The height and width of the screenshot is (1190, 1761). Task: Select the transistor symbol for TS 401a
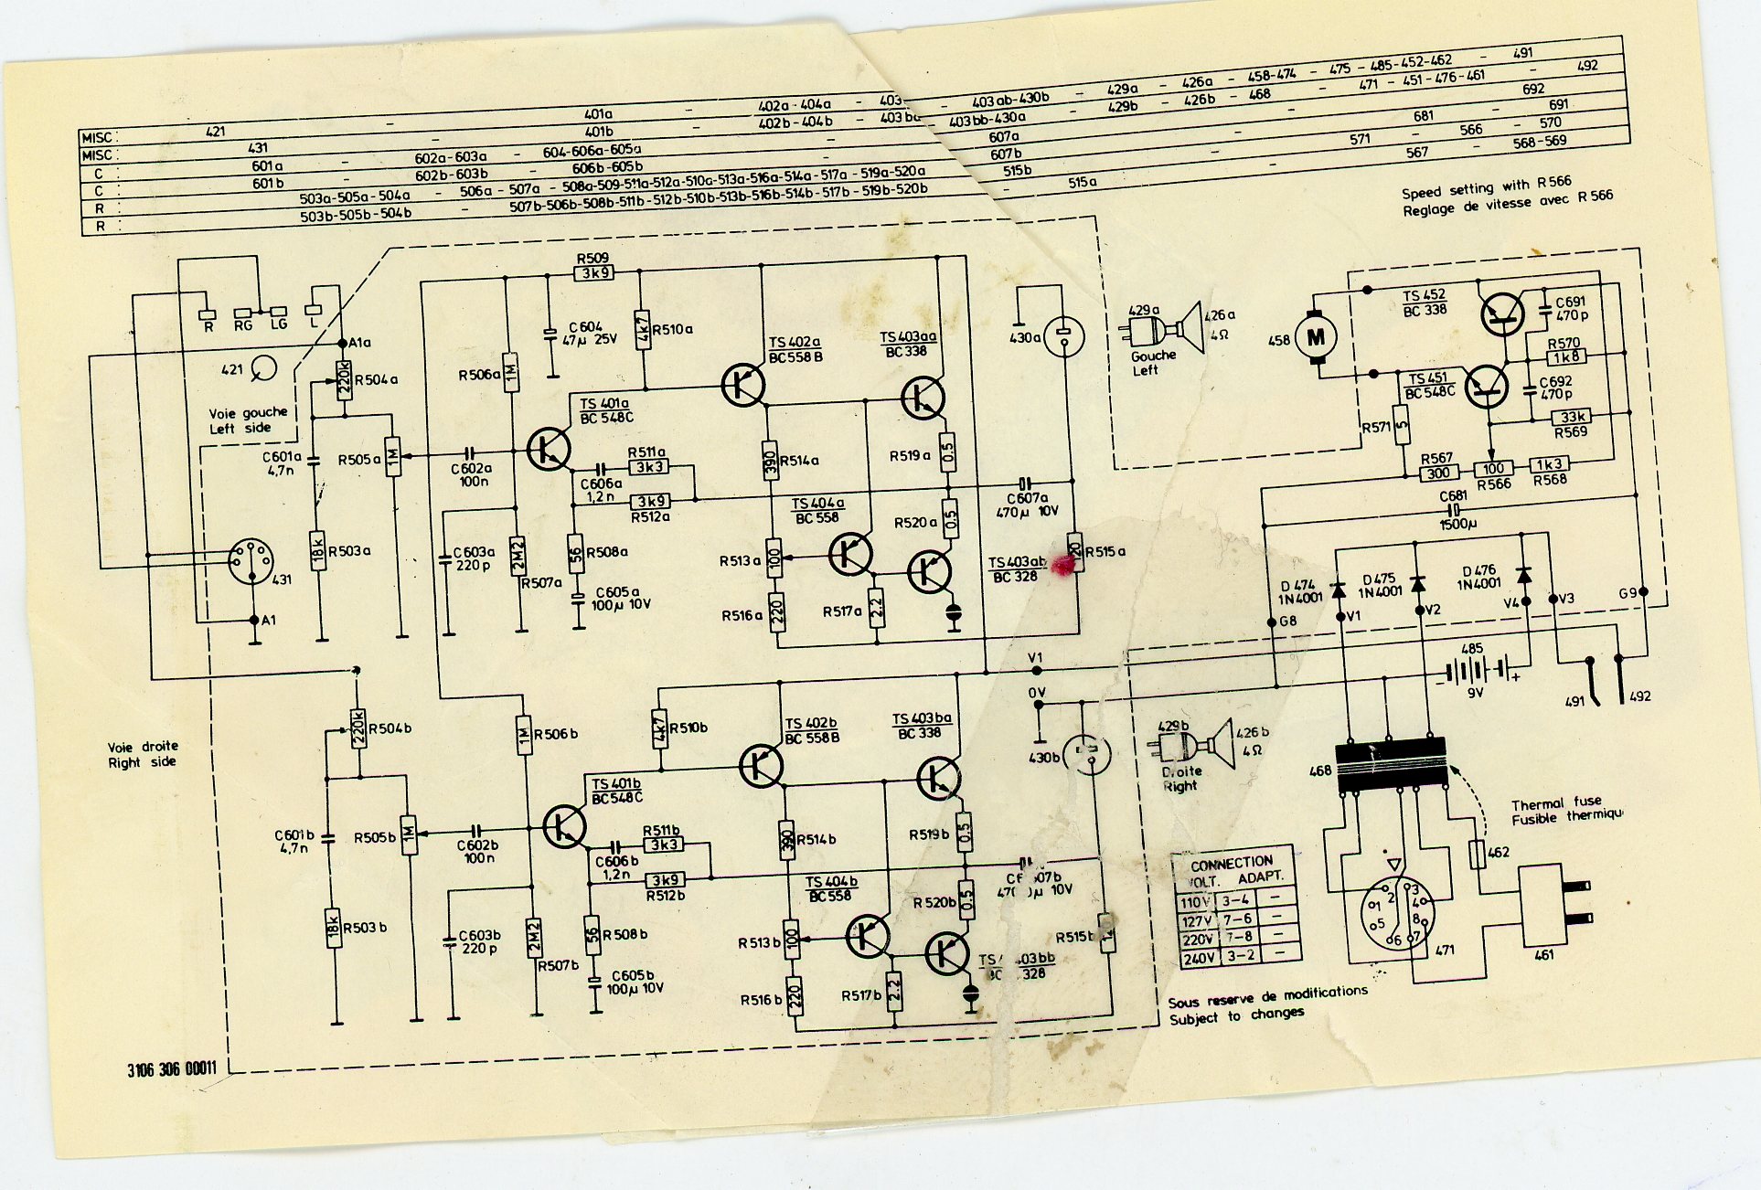[549, 450]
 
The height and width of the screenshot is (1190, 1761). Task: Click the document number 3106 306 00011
[172, 1068]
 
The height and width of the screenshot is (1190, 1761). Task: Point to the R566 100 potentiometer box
[1492, 469]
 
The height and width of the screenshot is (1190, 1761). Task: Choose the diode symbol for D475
[1418, 583]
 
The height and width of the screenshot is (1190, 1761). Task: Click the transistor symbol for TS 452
[1501, 313]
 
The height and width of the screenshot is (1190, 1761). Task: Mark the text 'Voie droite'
[143, 746]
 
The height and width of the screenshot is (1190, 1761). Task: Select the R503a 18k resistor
[317, 551]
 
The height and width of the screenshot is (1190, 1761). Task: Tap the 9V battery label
[1475, 693]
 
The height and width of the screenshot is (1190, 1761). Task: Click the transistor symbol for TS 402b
[761, 766]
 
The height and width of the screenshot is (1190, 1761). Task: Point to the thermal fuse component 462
[1477, 854]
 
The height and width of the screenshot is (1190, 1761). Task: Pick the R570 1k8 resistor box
[1565, 357]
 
